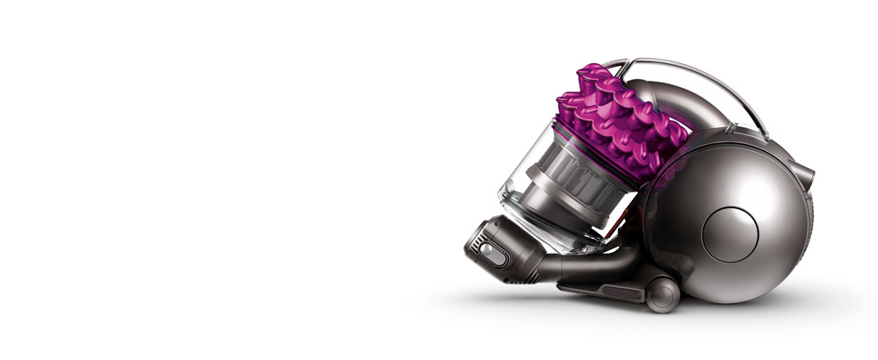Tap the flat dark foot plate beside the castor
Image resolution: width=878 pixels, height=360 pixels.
coord(597,288)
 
